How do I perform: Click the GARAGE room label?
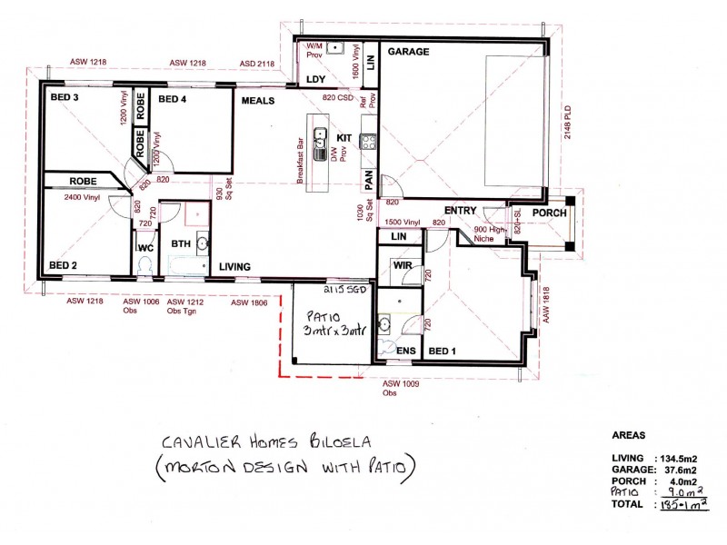[x=408, y=53]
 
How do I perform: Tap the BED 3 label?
[x=65, y=97]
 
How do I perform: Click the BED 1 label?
[x=443, y=351]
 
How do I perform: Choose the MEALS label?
[x=257, y=101]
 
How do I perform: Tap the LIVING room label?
[x=235, y=266]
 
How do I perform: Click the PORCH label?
[x=549, y=213]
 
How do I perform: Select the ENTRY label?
[x=461, y=211]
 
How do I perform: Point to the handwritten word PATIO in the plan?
[x=324, y=318]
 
